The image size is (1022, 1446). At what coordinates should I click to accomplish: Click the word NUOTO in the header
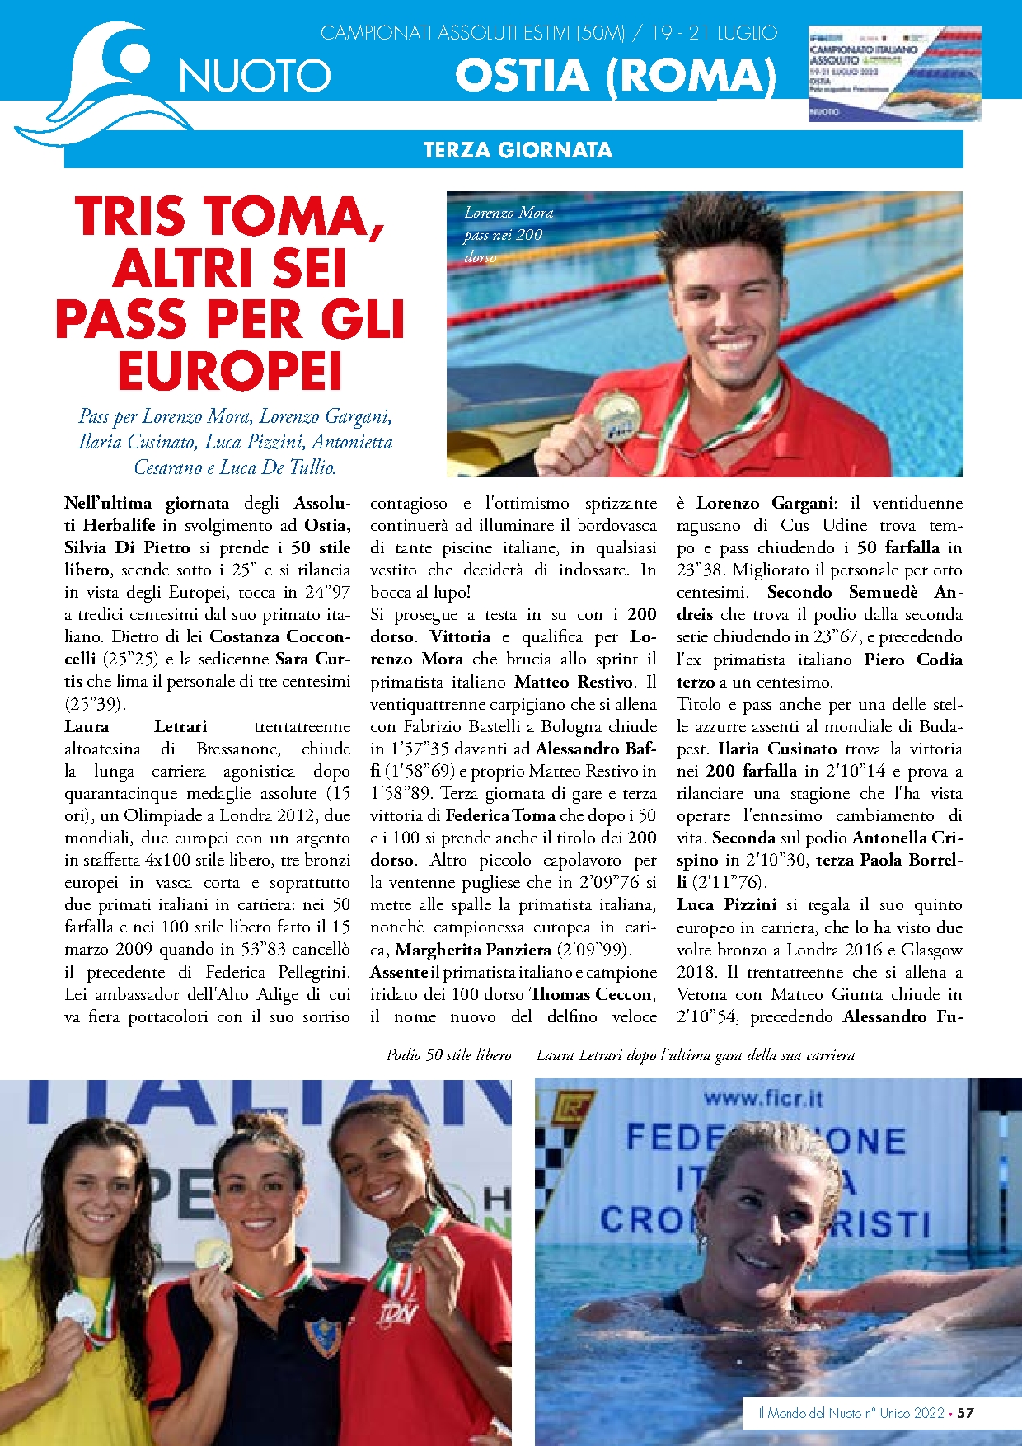(255, 77)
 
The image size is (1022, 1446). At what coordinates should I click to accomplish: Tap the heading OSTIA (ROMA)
(615, 76)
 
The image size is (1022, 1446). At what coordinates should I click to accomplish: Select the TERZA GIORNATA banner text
(518, 150)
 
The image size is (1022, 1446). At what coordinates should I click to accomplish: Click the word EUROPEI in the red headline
(230, 372)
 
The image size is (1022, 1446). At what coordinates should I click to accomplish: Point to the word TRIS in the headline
(130, 218)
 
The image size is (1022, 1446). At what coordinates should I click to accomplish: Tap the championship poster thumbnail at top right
(894, 73)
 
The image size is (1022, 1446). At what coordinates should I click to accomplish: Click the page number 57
(965, 1413)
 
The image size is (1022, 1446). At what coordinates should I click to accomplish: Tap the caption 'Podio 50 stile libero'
(448, 1055)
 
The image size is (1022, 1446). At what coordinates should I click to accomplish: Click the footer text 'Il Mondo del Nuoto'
(809, 1413)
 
